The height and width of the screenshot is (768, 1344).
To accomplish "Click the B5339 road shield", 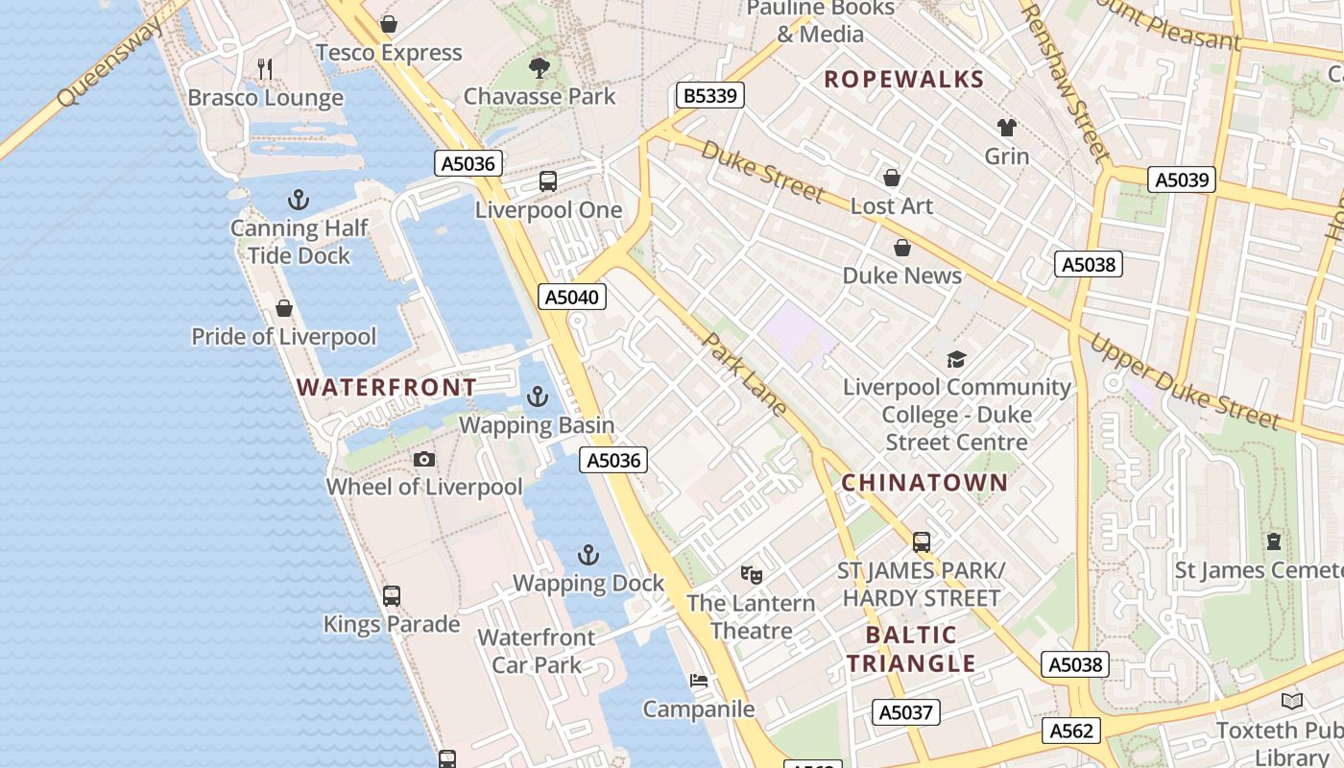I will click(x=710, y=95).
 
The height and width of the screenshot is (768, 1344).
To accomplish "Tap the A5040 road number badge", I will click(x=572, y=297).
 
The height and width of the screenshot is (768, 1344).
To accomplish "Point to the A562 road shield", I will click(x=1071, y=731).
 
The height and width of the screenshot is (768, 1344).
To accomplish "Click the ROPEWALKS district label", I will click(x=904, y=80).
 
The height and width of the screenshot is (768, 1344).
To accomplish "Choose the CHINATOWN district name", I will click(x=924, y=483).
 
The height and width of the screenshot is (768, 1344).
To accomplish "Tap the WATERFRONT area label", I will click(x=386, y=388).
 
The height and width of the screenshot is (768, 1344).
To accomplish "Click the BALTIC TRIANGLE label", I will click(x=911, y=649).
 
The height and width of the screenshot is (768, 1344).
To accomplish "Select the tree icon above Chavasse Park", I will click(x=540, y=67).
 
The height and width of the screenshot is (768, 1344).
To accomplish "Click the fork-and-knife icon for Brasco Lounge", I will click(x=266, y=69).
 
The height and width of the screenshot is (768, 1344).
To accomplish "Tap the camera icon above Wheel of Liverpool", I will click(x=424, y=460).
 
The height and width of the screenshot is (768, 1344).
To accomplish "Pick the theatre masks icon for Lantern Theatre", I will click(x=752, y=575).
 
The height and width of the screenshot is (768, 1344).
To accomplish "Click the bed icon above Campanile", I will click(x=699, y=681).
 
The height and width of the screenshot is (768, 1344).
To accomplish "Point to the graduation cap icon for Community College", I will click(x=956, y=360).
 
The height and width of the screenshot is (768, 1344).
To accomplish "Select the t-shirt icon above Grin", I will click(x=1006, y=128).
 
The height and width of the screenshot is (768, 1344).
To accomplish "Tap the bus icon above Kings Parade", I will click(x=392, y=595).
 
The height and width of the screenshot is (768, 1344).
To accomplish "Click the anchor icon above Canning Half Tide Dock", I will click(x=299, y=200).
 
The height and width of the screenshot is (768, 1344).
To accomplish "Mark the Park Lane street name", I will click(x=745, y=374).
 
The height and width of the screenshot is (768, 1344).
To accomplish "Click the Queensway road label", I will click(x=109, y=62).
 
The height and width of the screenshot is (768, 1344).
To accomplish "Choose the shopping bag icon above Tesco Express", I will click(x=389, y=24).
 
